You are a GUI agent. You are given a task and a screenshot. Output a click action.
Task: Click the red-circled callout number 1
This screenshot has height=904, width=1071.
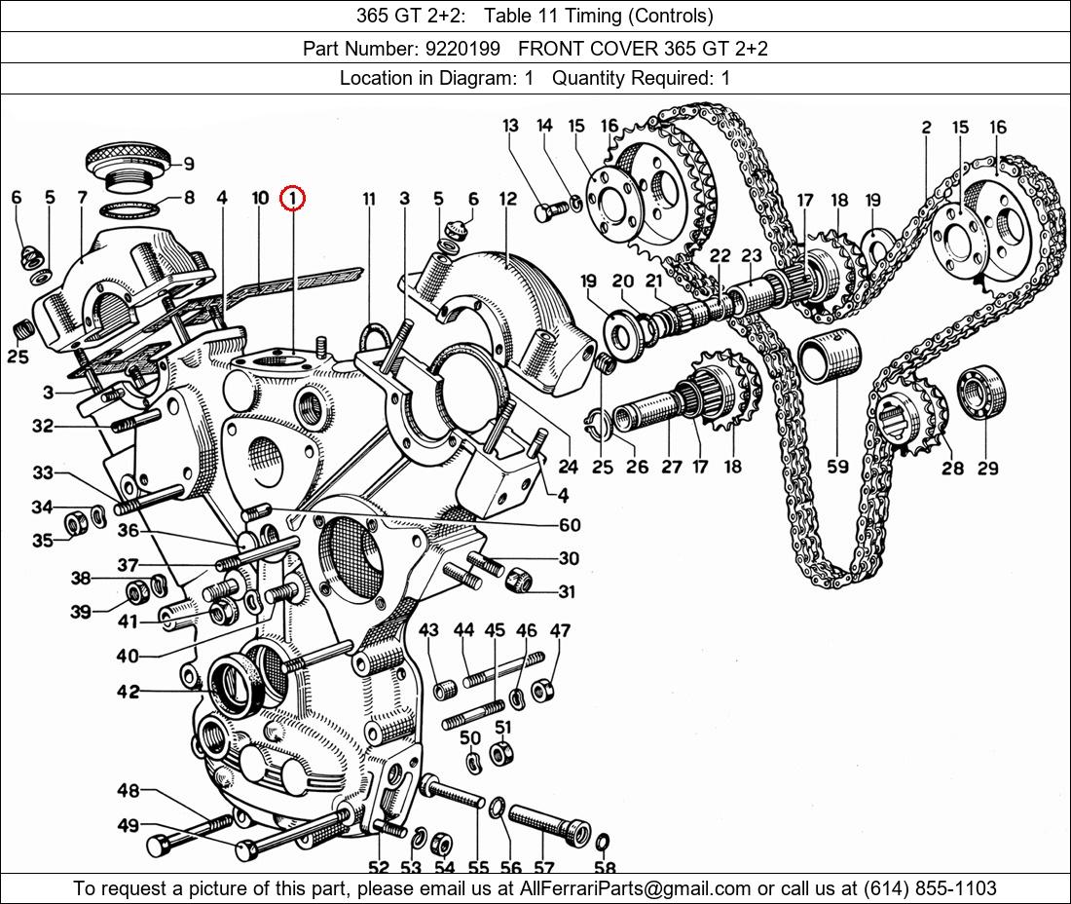[x=292, y=199]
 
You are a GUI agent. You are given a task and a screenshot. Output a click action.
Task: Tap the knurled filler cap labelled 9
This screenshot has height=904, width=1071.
[x=128, y=159]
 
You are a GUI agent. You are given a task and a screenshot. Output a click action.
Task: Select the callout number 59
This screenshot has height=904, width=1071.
[x=837, y=467]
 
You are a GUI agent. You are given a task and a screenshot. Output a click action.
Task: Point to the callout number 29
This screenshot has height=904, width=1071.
[x=987, y=469]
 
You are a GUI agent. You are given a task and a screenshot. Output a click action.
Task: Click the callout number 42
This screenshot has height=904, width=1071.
[x=129, y=692]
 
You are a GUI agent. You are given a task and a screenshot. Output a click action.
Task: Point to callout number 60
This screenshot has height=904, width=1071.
[x=569, y=525]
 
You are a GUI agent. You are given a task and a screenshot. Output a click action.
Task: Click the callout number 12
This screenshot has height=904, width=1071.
[x=508, y=199]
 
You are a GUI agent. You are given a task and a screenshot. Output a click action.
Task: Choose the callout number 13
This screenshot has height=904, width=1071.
[x=511, y=126]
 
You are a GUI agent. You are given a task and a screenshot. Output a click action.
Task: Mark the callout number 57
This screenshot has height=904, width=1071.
[x=543, y=868]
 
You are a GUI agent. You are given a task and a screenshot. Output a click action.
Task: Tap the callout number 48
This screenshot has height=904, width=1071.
[x=129, y=790]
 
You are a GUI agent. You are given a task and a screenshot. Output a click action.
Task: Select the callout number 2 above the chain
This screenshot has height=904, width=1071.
[x=925, y=128]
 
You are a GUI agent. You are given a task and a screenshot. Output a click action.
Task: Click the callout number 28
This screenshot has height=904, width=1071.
[x=951, y=469]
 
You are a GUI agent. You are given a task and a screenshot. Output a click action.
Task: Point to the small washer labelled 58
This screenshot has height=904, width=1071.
[x=602, y=841]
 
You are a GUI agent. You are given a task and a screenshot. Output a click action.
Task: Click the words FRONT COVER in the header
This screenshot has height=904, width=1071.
[x=588, y=48]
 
